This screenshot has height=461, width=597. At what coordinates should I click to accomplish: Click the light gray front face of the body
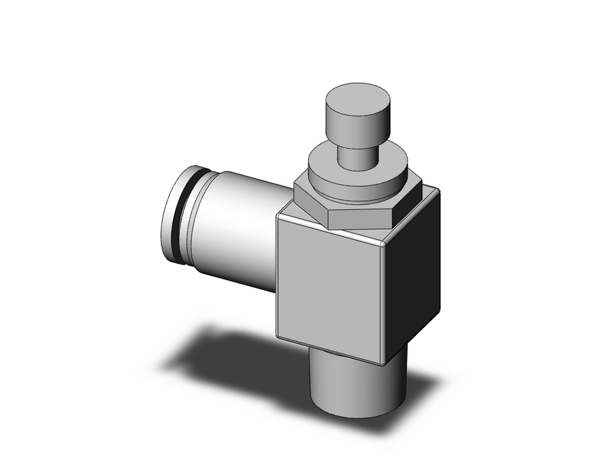coord(328,287)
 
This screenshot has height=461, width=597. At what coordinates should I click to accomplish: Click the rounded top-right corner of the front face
coord(383,244)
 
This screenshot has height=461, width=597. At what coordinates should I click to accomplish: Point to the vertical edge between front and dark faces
coord(383,305)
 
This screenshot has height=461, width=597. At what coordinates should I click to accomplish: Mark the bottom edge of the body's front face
coord(328,350)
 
